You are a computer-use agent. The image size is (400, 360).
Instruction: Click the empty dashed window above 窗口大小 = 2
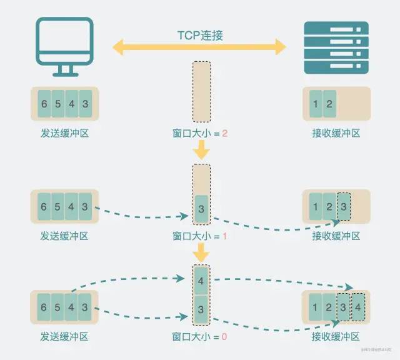(201, 91)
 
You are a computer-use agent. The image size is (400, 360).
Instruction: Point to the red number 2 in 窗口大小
(225, 134)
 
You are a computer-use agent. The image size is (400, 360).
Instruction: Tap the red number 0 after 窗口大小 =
(225, 337)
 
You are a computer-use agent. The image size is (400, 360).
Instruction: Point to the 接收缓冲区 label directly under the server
(336, 133)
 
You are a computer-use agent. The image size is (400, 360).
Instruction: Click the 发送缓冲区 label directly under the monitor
(64, 133)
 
